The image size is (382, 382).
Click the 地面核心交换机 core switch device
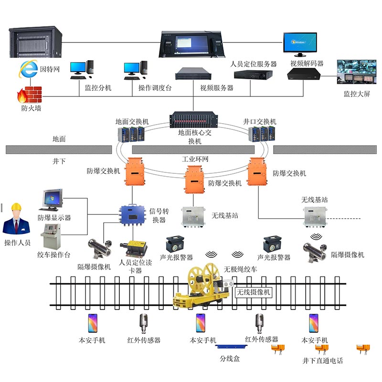coord(194,120)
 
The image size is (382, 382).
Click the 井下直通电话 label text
coord(322,361)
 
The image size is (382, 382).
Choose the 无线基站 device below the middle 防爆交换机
coord(194,216)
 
